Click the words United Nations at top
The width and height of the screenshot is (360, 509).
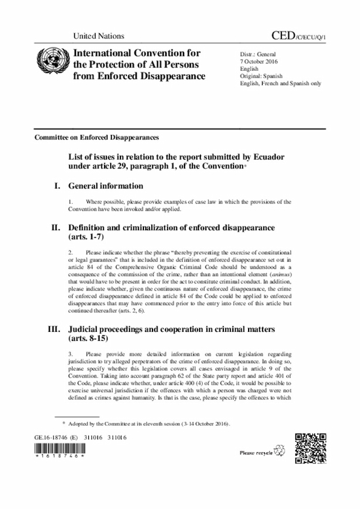tap(98, 36)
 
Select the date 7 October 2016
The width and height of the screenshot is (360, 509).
tap(258, 60)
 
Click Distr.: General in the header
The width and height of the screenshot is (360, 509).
tap(258, 53)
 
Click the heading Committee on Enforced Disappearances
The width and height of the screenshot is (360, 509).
tap(96, 137)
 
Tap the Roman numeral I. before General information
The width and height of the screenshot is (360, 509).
tap(57, 186)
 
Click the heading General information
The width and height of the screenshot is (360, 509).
tap(105, 186)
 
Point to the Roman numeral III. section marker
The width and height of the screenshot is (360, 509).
tap(55, 328)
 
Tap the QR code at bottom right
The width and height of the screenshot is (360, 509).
tap(310, 448)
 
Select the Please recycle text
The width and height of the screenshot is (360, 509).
tap(256, 452)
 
